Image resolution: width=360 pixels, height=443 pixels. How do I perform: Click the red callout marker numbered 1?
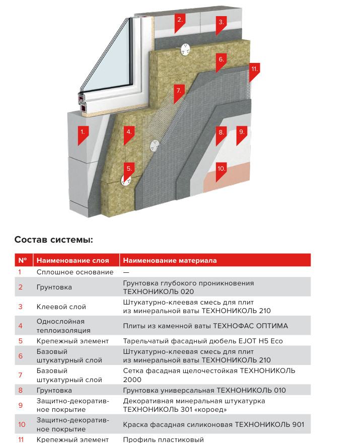[x=83, y=133]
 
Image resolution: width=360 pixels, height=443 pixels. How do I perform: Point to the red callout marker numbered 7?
[x=177, y=92]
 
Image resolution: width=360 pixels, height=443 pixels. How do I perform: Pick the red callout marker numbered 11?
[x=254, y=69]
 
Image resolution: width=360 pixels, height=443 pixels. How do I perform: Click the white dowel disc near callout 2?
[x=185, y=50]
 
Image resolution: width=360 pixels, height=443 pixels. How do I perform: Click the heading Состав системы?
[x=54, y=239]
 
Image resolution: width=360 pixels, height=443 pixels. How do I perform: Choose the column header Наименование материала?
[x=170, y=260]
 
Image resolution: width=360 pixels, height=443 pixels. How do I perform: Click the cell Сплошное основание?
[x=75, y=272]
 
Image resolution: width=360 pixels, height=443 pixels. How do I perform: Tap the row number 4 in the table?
[x=21, y=326]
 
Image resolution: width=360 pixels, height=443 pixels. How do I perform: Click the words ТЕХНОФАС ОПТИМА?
[x=259, y=326]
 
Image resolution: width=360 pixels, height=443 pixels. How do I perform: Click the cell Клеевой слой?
[x=61, y=307]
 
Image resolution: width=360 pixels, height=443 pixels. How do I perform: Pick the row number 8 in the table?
[x=21, y=390]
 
